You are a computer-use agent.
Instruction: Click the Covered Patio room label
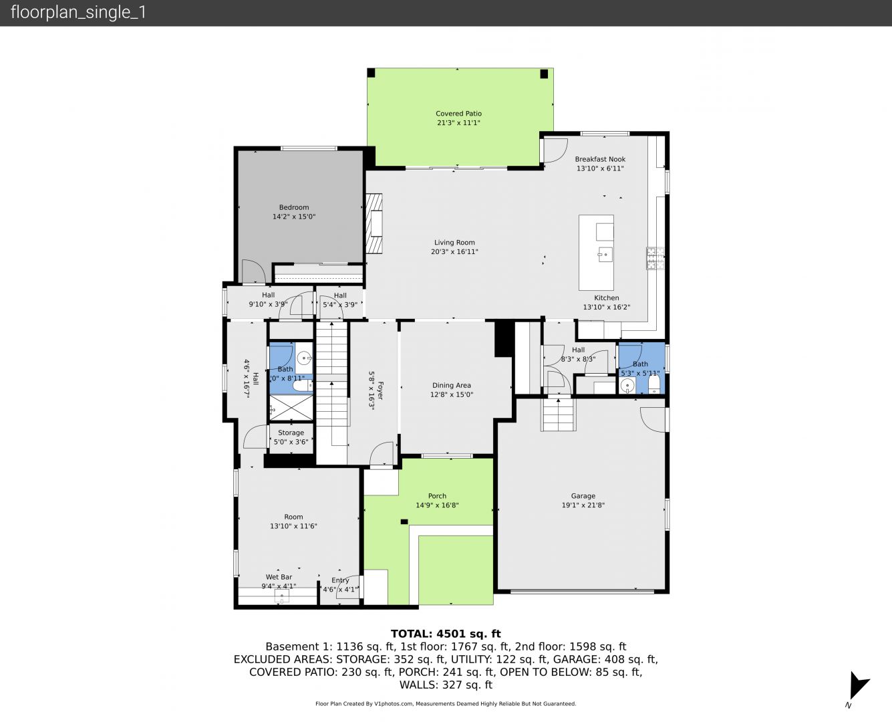coord(458,114)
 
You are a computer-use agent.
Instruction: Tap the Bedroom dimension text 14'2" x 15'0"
coord(294,217)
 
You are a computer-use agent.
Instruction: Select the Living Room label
coord(454,242)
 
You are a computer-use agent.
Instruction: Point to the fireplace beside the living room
coord(374,223)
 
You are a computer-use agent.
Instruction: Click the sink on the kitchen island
coord(605,254)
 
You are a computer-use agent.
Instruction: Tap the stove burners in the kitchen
coord(655,258)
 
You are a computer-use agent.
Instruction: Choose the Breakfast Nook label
coord(600,159)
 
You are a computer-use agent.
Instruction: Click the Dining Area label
coord(452,385)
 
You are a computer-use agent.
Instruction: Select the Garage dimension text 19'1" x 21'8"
coord(583,505)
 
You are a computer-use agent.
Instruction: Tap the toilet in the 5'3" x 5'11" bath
coord(653,384)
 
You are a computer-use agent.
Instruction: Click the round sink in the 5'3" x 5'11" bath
coord(627,385)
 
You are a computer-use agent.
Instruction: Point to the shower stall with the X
coord(291,407)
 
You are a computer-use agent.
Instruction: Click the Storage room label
coord(291,433)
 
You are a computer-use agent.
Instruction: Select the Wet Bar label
coord(279,577)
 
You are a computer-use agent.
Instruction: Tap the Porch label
coord(437,496)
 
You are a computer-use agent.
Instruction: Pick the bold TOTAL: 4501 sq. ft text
coord(446,634)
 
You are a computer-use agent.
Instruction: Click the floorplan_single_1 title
coord(78,13)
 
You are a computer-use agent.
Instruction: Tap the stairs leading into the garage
coord(558,414)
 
